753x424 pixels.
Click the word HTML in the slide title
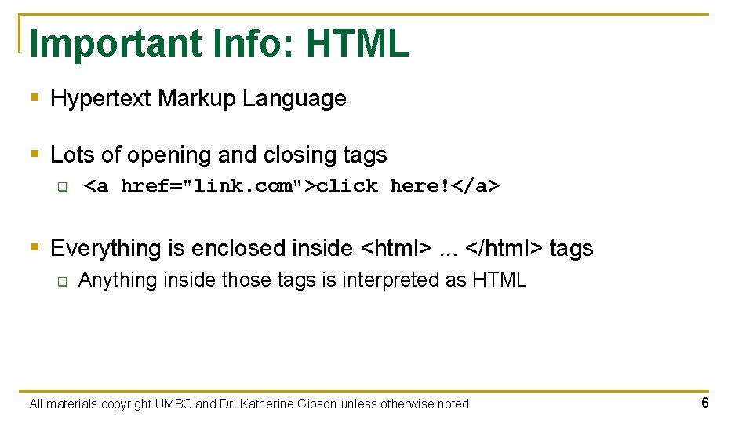[x=358, y=44]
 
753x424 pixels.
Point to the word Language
[x=294, y=99]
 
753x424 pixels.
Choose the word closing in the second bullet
[x=300, y=155]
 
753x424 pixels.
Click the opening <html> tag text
[x=395, y=249]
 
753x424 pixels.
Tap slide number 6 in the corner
[x=705, y=403]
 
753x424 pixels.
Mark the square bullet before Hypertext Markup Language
[x=34, y=99]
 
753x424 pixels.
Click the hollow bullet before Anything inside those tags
[x=62, y=281]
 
